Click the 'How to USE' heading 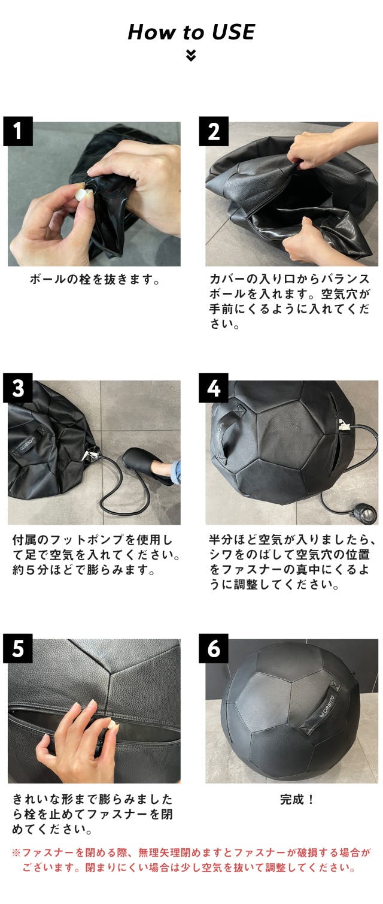click(191, 32)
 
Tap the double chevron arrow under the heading click(191, 55)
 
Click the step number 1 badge click(18, 131)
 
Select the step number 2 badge click(214, 131)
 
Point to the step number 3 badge click(18, 388)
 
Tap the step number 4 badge click(214, 388)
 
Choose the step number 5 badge click(18, 648)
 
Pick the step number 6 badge click(214, 648)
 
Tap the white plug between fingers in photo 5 click(111, 727)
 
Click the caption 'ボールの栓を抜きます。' click(95, 279)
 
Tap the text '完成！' click(297, 799)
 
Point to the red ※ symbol click(16, 852)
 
